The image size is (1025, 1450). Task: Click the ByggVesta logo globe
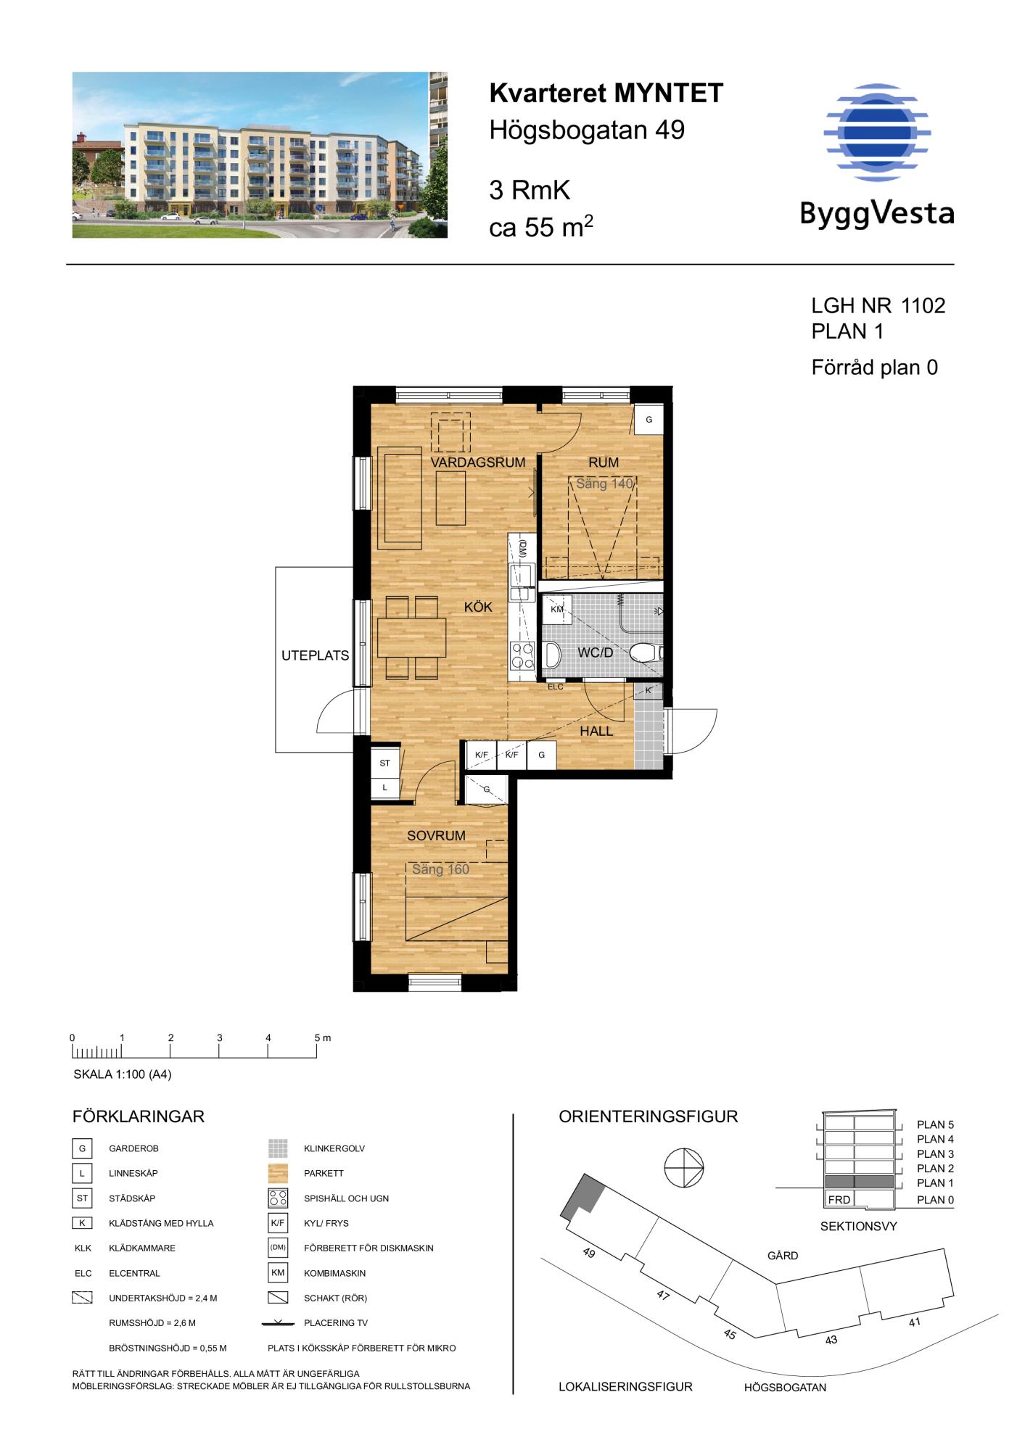pos(877,132)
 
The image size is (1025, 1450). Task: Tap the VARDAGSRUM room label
pos(478,463)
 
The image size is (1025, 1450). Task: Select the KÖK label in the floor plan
pos(478,607)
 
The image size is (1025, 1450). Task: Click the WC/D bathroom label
pos(595,652)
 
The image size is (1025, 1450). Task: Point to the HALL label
pos(596,732)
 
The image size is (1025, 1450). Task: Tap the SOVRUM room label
pos(436,836)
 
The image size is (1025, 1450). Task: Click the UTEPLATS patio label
pos(316,656)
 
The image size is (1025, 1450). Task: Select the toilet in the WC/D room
pos(645,652)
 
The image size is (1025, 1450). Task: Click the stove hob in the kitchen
pos(523,655)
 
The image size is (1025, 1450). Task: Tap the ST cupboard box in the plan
pos(385,763)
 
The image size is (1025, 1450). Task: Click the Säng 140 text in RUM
pos(605,484)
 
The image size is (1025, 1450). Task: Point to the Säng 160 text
pos(440,869)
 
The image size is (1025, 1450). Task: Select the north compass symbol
pos(685,1169)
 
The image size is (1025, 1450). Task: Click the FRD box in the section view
pos(839,1200)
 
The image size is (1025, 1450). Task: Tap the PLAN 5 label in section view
pos(935,1125)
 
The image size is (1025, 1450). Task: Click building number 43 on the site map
pos(831,1340)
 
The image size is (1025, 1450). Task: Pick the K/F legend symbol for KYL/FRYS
pos(278,1223)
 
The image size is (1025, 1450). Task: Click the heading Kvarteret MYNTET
pos(606,94)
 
